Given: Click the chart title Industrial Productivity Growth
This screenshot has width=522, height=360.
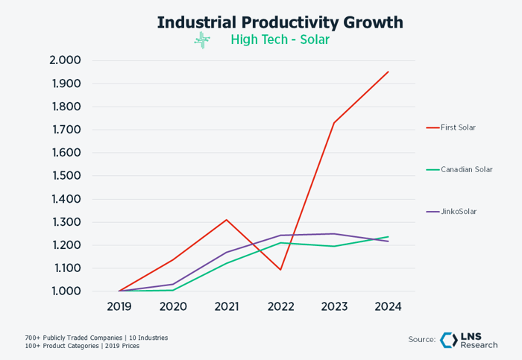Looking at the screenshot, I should click(x=280, y=22).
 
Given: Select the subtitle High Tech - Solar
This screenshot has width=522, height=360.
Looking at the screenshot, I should click(x=280, y=40).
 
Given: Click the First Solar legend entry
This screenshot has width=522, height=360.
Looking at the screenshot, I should click(x=458, y=127).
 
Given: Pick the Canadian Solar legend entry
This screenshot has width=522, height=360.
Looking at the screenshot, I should click(x=466, y=169).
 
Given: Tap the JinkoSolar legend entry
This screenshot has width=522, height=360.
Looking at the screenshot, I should click(x=458, y=212).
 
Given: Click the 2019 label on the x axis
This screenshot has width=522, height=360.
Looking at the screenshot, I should click(x=119, y=306).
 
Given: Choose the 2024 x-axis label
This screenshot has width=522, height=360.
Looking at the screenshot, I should click(x=388, y=306).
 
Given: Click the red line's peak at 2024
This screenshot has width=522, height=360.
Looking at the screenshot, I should click(x=388, y=72).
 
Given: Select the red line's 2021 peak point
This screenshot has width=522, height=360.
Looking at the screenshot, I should click(x=226, y=220).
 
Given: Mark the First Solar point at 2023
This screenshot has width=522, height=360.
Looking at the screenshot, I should click(x=334, y=122).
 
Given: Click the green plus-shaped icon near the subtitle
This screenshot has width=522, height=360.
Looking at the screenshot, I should click(x=202, y=40).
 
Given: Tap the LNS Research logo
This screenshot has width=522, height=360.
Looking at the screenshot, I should click(x=469, y=340).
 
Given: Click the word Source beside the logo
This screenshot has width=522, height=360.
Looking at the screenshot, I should click(x=421, y=340).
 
